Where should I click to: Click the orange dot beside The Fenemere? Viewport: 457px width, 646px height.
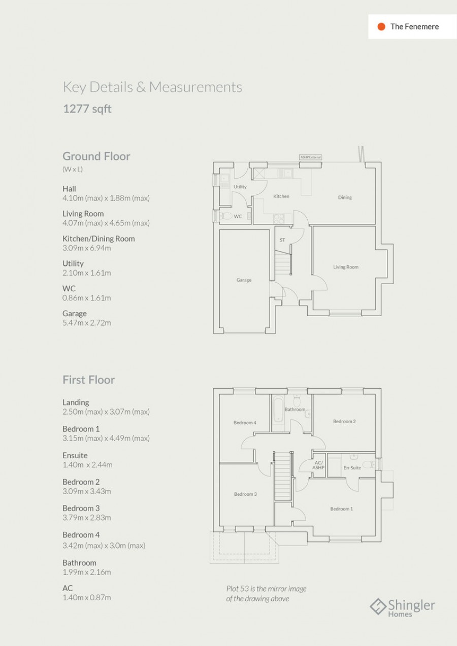click(381, 27)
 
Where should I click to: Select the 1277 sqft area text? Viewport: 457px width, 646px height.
click(87, 109)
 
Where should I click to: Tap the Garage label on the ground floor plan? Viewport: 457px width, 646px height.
click(244, 280)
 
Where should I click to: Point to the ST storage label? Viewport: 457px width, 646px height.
click(282, 240)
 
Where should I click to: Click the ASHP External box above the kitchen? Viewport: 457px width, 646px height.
click(311, 157)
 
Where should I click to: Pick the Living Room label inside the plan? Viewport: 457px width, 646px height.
click(346, 267)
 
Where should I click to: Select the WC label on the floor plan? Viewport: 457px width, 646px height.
click(238, 216)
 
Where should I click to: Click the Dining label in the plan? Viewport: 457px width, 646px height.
click(345, 197)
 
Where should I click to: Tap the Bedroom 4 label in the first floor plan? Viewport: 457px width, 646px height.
click(245, 423)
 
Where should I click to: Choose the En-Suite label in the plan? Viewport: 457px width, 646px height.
click(352, 468)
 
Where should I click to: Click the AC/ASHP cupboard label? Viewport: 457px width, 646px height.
click(318, 465)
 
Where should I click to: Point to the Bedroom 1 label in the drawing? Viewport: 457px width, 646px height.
click(341, 508)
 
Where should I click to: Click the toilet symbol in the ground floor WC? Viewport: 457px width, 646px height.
click(226, 216)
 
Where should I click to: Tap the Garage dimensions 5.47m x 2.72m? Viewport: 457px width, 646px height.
click(86, 323)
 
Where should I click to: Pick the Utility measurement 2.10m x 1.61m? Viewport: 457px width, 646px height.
click(86, 273)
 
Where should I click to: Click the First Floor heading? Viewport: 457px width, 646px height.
click(88, 380)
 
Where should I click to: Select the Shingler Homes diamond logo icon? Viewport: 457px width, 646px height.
click(378, 606)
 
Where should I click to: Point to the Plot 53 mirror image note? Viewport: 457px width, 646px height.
click(266, 594)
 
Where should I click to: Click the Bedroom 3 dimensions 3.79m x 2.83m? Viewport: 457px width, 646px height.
click(86, 518)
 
